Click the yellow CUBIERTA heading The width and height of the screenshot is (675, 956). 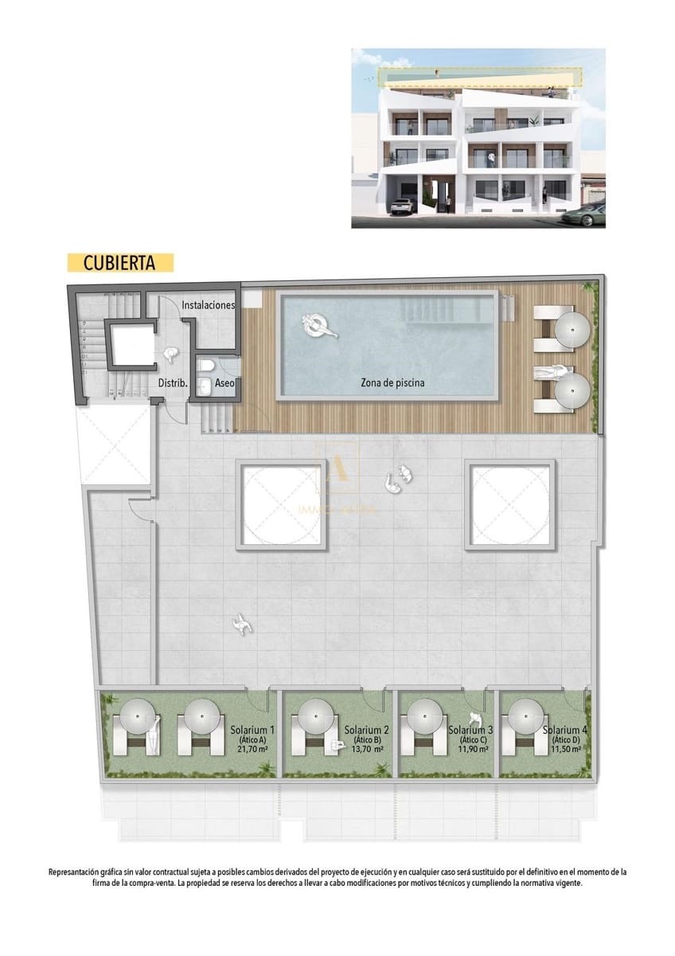[x=120, y=262]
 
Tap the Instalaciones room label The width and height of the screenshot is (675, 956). [x=208, y=305]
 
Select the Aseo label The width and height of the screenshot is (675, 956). [x=225, y=383]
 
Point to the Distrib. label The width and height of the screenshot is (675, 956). [x=172, y=383]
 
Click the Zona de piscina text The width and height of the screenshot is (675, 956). [x=392, y=383]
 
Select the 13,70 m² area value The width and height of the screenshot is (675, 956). [x=367, y=750]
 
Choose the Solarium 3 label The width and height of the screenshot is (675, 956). [x=470, y=730]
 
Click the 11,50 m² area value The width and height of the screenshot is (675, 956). [x=565, y=750]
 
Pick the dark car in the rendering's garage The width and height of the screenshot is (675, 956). [x=402, y=206]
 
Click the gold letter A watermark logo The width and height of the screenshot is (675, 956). [x=337, y=470]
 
